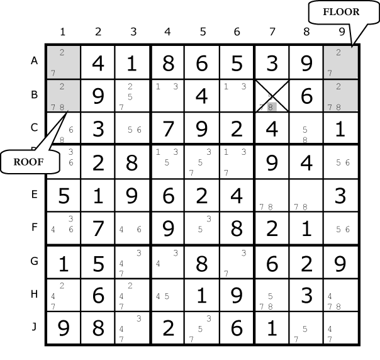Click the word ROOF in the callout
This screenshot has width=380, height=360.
(x=30, y=162)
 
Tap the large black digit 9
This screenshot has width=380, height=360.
(x=64, y=329)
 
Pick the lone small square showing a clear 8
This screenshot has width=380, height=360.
(x=271, y=107)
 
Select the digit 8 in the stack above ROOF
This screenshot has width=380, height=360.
(x=62, y=107)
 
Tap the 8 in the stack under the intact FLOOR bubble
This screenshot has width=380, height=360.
(x=338, y=107)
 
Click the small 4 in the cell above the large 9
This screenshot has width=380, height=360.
(x=53, y=296)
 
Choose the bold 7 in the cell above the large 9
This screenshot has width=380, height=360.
(x=53, y=306)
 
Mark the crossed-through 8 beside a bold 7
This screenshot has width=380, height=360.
(x=338, y=307)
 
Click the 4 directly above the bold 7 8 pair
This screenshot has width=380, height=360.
(x=330, y=296)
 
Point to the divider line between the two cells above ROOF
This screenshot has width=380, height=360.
(x=64, y=79)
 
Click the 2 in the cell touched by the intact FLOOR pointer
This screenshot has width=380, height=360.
(x=338, y=52)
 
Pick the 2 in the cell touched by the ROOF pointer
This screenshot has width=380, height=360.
(x=62, y=86)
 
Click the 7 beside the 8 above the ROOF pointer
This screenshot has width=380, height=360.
(x=53, y=107)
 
